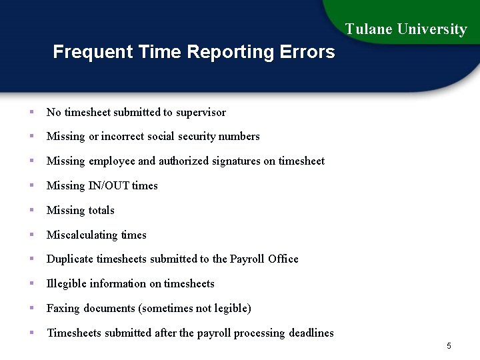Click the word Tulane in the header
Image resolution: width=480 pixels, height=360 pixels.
[369, 29]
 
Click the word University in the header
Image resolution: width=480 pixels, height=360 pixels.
[432, 29]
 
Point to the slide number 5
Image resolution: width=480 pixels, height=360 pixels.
[449, 346]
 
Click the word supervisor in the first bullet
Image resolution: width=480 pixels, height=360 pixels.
[201, 113]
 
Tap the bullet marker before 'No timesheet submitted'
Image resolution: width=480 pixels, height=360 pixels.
[31, 112]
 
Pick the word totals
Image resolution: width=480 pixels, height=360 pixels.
[101, 211]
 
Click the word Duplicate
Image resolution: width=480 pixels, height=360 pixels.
[70, 259]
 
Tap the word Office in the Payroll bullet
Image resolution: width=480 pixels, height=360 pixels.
[283, 259]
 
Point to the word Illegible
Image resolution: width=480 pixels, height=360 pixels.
[67, 284]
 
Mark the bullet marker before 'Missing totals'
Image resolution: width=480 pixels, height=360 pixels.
[31, 210]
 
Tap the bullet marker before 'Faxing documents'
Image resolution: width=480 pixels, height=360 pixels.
[31, 308]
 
